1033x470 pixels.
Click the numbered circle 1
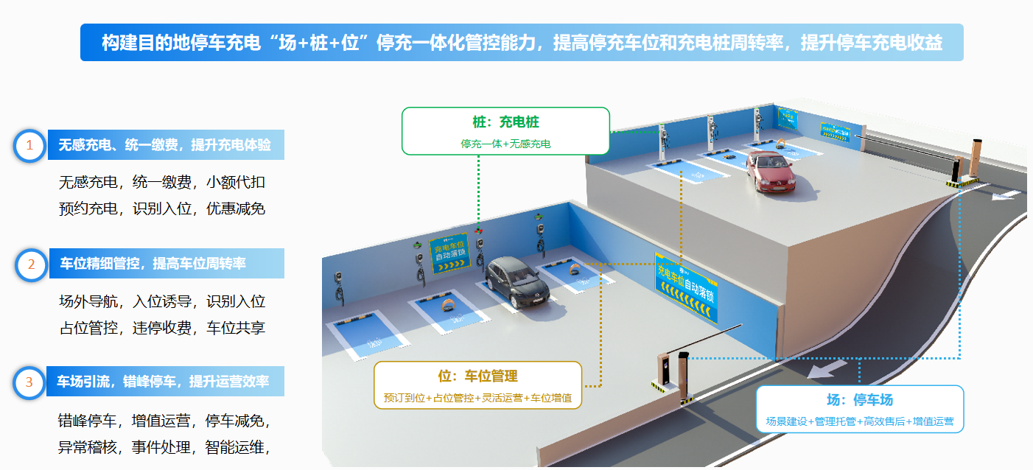[x=29, y=145]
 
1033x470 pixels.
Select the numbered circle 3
[x=29, y=382]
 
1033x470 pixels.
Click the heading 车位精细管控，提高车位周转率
[x=153, y=264]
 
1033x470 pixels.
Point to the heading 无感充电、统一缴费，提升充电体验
[x=165, y=145]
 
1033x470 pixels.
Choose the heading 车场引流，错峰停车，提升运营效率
[x=163, y=382]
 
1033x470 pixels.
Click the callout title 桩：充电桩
[x=505, y=122]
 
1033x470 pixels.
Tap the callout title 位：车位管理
[x=477, y=376]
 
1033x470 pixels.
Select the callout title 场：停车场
[x=859, y=400]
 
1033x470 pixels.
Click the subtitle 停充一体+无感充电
[x=505, y=144]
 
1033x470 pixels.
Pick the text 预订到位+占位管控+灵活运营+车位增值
[x=477, y=398]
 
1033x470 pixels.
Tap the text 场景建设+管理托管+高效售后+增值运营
[x=859, y=421]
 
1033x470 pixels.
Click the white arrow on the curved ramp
[x=821, y=368]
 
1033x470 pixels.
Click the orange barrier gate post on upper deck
[x=976, y=160]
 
